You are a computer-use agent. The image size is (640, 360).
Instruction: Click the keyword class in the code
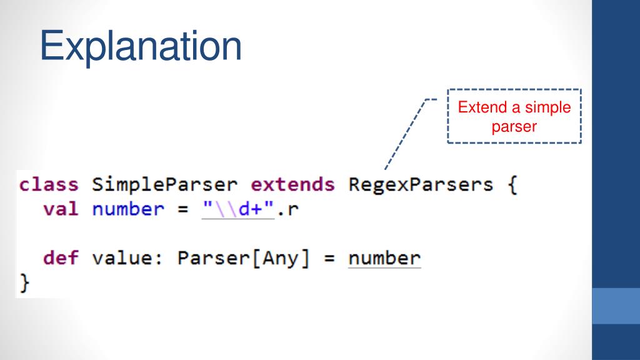(x=49, y=185)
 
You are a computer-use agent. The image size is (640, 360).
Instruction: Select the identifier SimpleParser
(x=165, y=185)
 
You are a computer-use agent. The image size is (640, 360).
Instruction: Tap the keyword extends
(x=292, y=185)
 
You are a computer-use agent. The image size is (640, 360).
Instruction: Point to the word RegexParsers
(x=421, y=185)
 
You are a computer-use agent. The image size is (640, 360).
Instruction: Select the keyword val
(x=61, y=209)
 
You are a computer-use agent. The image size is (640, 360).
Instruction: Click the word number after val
(x=128, y=209)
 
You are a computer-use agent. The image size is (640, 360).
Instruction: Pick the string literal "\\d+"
(x=238, y=209)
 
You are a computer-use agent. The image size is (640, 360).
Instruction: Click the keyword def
(x=61, y=257)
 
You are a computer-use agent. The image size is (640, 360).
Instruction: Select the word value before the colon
(x=128, y=257)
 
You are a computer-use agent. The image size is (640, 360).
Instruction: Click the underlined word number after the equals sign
(x=384, y=257)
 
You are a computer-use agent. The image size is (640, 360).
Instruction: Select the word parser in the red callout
(x=514, y=126)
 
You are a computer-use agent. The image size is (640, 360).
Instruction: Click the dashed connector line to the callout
(x=406, y=134)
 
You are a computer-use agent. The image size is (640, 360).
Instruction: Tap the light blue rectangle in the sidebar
(x=616, y=306)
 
